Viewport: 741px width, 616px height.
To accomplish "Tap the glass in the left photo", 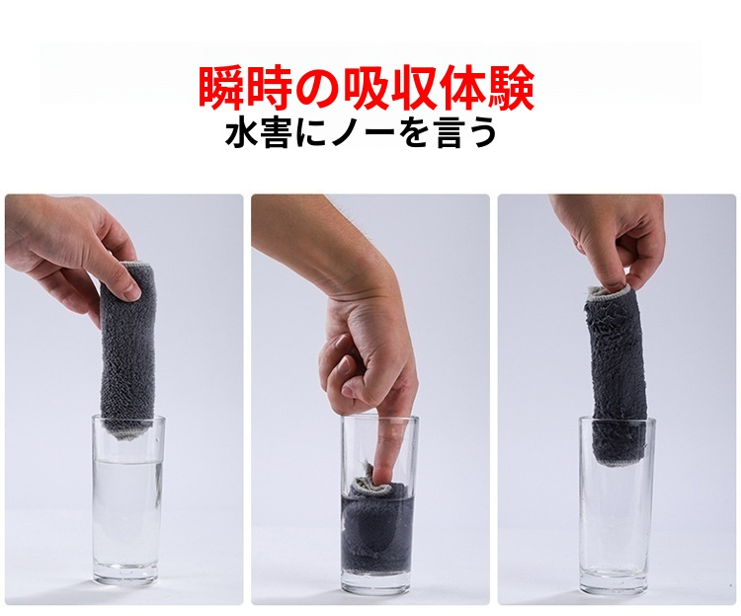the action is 126,500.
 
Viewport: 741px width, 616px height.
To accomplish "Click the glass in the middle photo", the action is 380,504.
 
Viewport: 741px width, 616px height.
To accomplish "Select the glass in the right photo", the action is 617,504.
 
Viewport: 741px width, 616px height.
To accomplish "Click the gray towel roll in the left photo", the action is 127,348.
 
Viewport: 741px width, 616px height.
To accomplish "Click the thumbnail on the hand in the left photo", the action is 132,289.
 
